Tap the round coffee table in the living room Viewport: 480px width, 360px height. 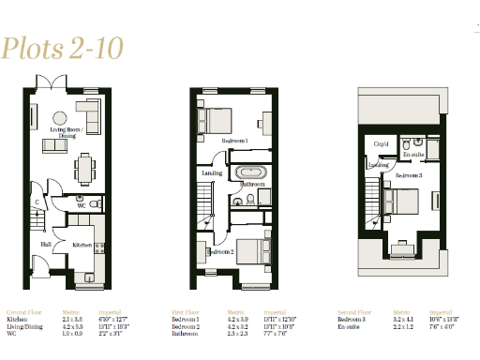point(60,117)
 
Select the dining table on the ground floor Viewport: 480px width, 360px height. point(82,169)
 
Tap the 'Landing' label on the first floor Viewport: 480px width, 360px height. point(211,172)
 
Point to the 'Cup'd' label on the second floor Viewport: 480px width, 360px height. point(382,144)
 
